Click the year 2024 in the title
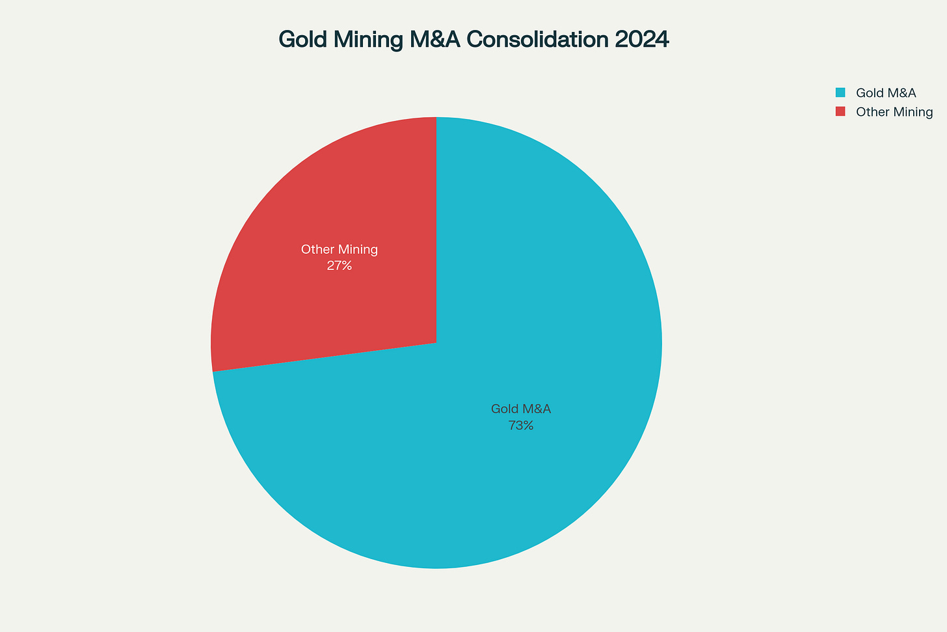(x=641, y=40)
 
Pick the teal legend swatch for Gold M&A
(x=840, y=92)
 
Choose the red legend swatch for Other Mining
(x=840, y=111)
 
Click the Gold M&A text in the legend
(x=886, y=93)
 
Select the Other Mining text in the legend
(x=894, y=112)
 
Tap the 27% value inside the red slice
(x=340, y=266)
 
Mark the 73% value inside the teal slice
(x=521, y=426)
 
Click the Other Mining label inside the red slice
(x=340, y=249)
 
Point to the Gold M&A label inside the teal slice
(x=521, y=409)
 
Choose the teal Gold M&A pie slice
(x=553, y=293)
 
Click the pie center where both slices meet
(x=436, y=343)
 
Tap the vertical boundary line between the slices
(x=436, y=228)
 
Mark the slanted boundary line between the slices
(x=325, y=357)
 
